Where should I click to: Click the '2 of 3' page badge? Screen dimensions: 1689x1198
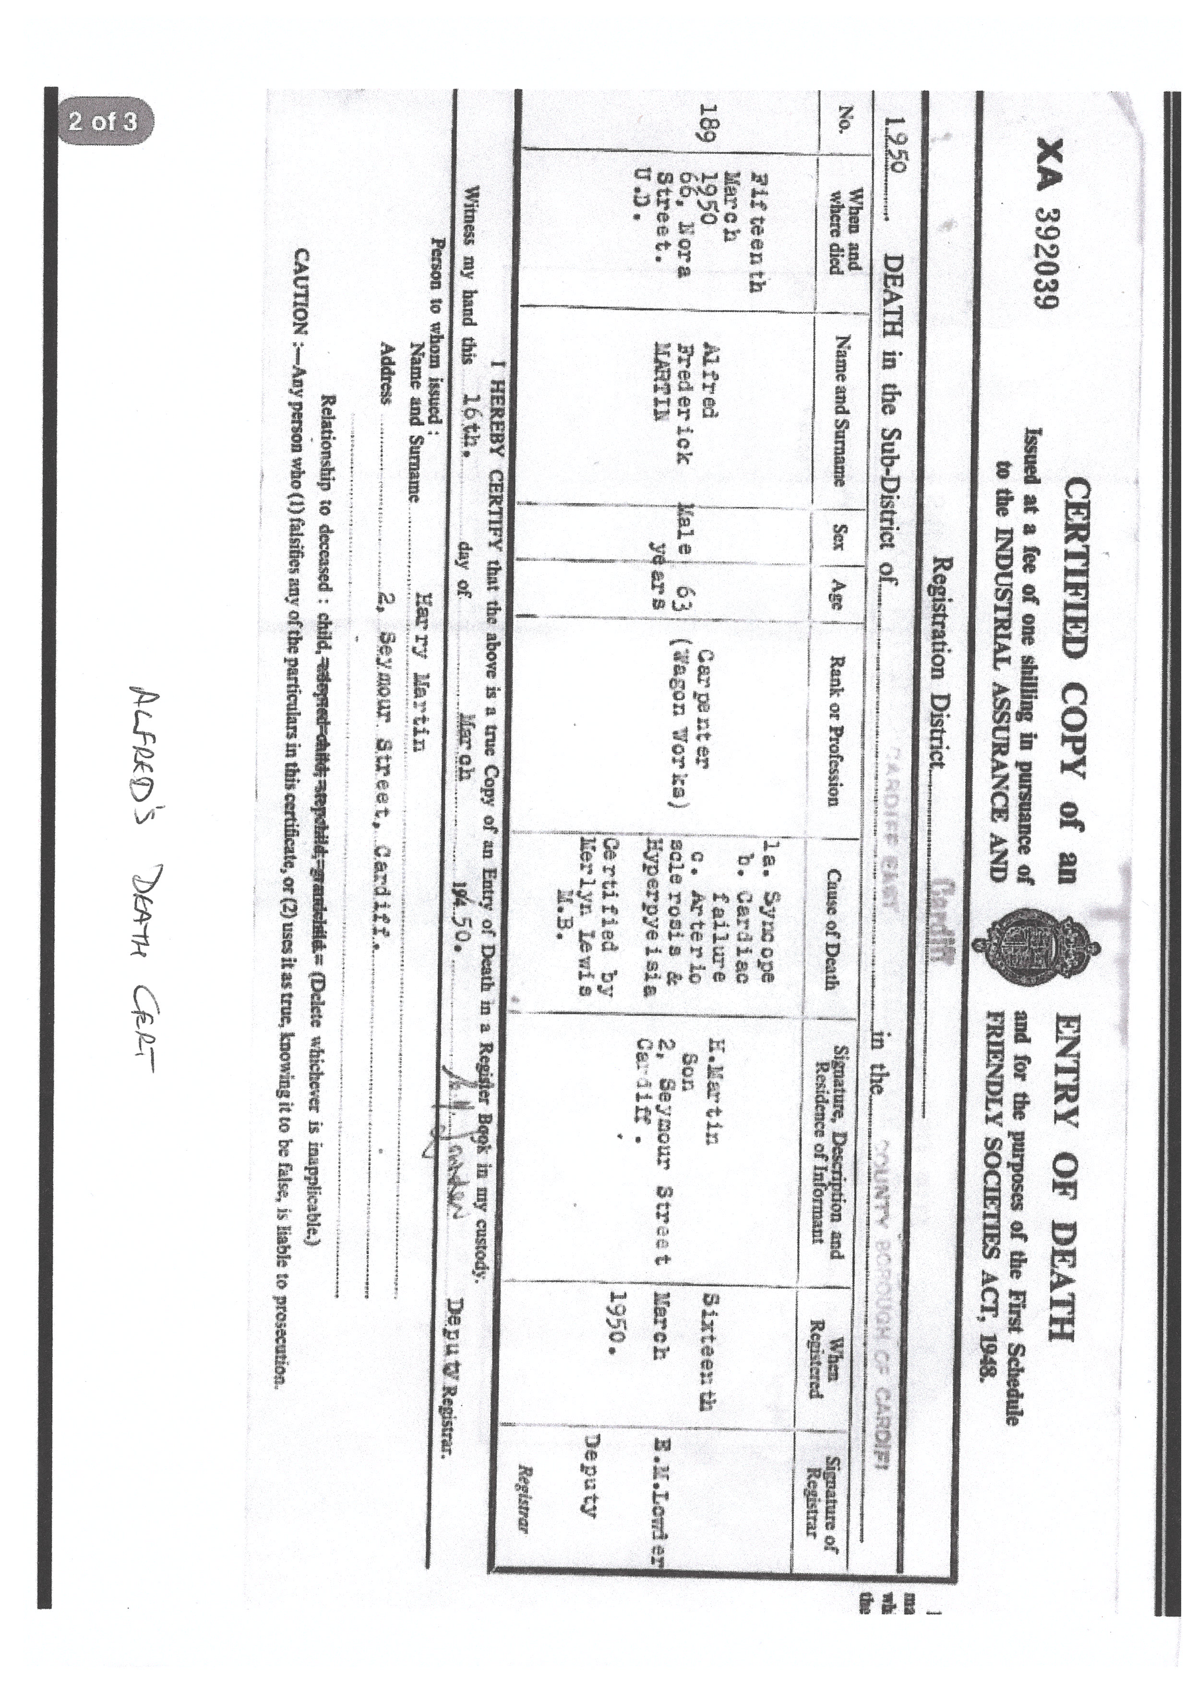click(x=103, y=120)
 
